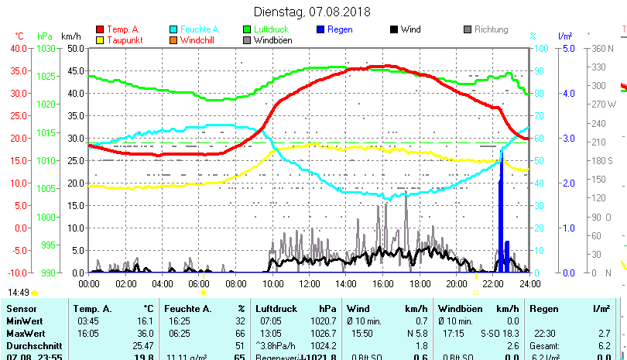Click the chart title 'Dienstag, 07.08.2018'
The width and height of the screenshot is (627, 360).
point(313,12)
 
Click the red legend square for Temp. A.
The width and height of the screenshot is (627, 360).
point(100,29)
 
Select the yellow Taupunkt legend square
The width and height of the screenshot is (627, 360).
point(100,40)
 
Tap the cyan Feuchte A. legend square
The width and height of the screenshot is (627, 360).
point(173,29)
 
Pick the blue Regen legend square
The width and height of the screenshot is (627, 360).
point(321,29)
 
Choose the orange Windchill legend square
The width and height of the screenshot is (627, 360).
point(173,40)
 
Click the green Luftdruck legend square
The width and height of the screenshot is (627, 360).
point(247,29)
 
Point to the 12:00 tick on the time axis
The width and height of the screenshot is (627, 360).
point(310,283)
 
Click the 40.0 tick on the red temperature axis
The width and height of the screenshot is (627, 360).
point(17,48)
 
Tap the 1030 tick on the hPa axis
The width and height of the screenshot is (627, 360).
point(46,48)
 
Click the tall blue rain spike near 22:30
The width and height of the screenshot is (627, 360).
point(501,217)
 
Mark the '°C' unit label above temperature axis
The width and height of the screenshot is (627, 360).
point(19,36)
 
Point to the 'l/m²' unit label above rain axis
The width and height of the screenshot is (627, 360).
point(564,36)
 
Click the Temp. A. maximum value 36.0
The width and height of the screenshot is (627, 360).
point(143,333)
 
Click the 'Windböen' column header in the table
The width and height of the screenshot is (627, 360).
point(459,308)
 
